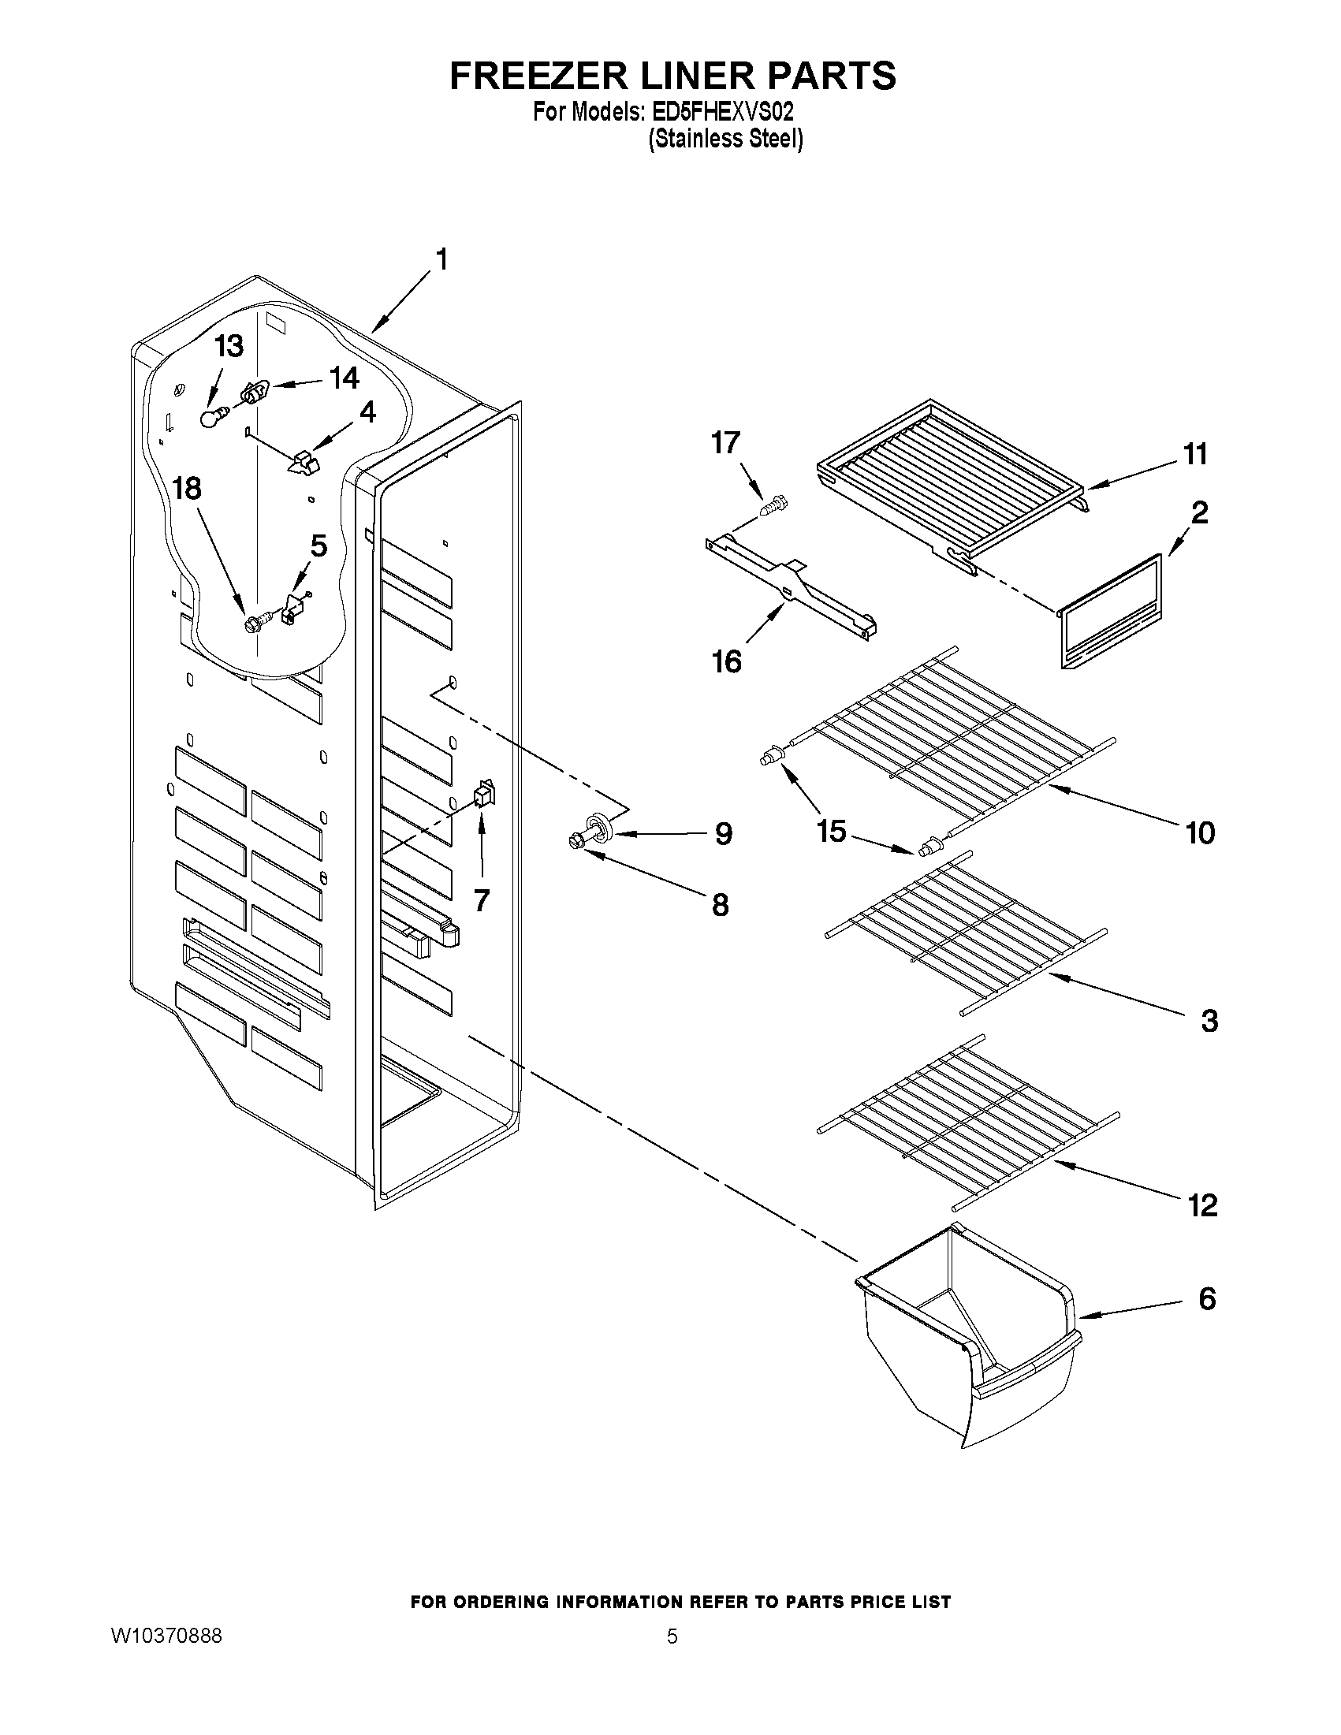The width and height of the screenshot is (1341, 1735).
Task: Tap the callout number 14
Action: (x=344, y=378)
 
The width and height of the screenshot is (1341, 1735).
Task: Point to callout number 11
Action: (x=1195, y=454)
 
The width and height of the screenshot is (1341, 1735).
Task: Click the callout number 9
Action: (x=723, y=833)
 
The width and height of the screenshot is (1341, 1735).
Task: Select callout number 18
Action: (x=188, y=489)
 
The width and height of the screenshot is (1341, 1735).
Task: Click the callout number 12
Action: (x=1203, y=1205)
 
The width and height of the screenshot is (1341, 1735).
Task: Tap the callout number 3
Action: (x=1209, y=1021)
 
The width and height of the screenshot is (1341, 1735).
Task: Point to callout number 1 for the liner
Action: (x=441, y=259)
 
